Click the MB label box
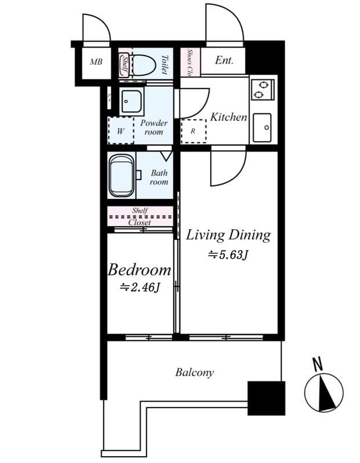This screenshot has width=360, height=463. click(96, 62)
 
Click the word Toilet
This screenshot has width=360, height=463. click(164, 64)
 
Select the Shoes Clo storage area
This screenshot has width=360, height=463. click(190, 62)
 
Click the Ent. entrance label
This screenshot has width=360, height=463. click(224, 60)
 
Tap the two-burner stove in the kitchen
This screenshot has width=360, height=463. click(262, 89)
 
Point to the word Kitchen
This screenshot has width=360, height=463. click(228, 117)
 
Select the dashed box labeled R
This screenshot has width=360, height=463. click(193, 131)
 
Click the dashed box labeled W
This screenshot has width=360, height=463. click(120, 131)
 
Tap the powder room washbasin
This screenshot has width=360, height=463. click(131, 102)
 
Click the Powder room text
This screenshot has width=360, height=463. click(153, 127)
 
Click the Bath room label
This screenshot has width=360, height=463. click(159, 177)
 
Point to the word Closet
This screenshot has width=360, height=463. click(139, 222)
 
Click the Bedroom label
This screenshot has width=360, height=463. click(139, 270)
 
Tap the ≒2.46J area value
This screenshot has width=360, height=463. click(139, 286)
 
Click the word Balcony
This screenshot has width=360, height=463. click(194, 373)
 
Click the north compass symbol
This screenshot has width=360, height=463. click(324, 392)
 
